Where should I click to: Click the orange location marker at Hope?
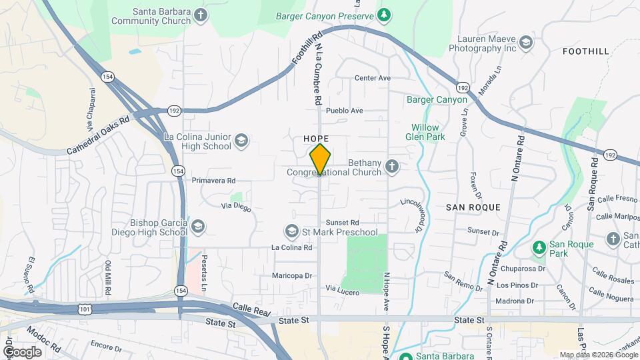pos(320,159)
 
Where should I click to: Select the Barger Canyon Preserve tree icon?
pos(384,14)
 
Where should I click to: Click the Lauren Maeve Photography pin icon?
pos(526,43)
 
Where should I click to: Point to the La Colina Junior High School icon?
pos(241,141)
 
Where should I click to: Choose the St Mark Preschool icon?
pos(291,231)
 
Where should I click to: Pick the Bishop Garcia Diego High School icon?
pos(198,227)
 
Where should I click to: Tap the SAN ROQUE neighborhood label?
pos(473,207)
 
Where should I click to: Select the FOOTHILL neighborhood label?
pos(585,51)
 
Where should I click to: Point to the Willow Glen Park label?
pos(425,132)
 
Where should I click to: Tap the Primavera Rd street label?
pos(213,181)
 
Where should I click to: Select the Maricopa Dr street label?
pos(292,275)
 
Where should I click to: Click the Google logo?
pos(22,351)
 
